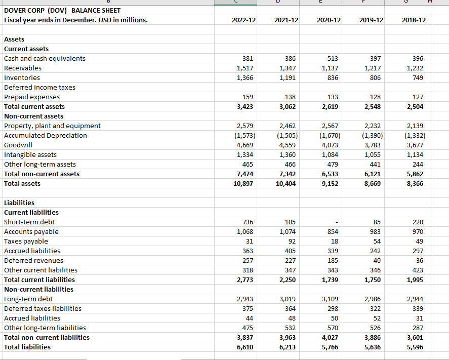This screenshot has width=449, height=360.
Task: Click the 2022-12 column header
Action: click(243, 20)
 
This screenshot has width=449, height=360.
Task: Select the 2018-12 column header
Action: click(414, 20)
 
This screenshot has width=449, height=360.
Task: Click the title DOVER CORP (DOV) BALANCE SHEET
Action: click(62, 10)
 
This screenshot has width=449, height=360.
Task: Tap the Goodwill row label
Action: click(18, 145)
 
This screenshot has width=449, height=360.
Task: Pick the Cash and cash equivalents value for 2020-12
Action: click(332, 58)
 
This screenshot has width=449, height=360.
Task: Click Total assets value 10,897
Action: click(243, 183)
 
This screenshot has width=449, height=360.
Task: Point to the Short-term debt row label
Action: click(29, 222)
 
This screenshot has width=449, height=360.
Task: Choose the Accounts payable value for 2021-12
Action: click(288, 231)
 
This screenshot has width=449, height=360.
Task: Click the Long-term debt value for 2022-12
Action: click(245, 299)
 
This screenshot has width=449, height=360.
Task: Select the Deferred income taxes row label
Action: click(39, 87)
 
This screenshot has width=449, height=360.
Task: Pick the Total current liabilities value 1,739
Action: click(331, 279)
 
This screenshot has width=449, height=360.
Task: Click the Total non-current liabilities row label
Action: click(47, 337)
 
